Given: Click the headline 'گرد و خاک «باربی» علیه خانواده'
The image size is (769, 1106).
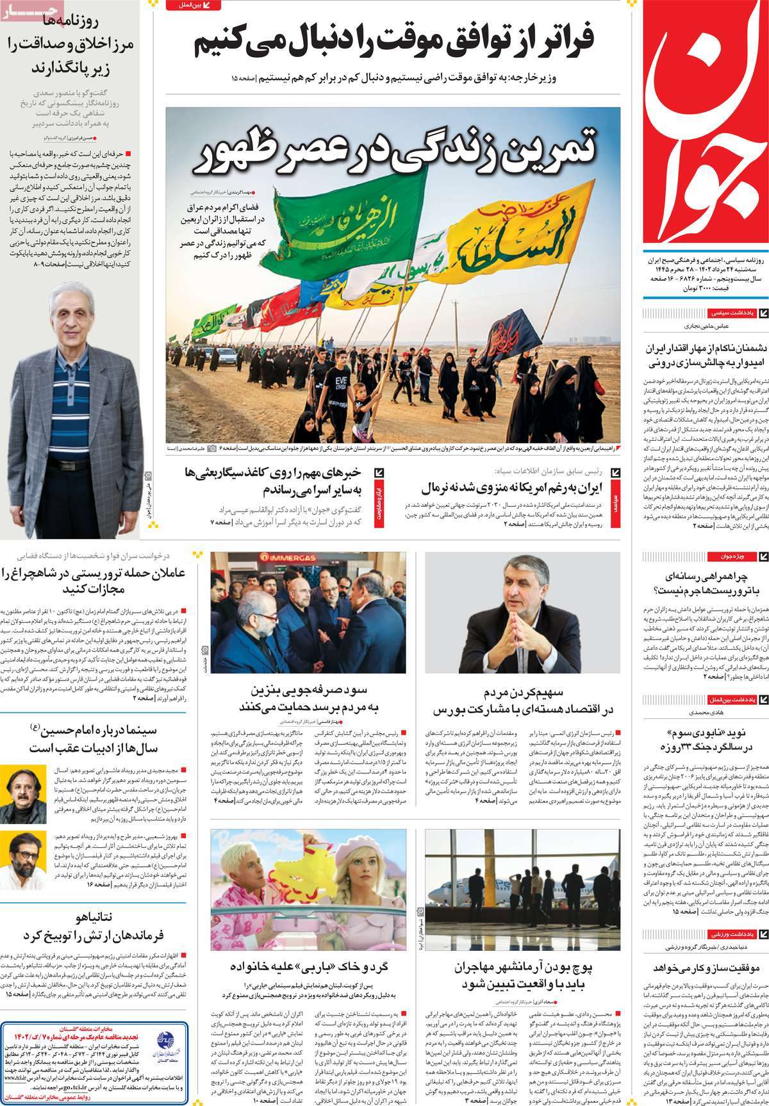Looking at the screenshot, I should [x=308, y=967].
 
